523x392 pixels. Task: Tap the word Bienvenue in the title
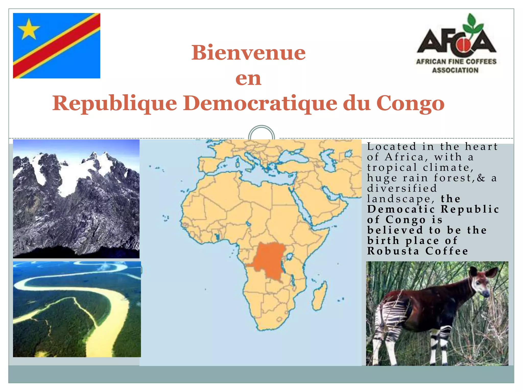(248, 53)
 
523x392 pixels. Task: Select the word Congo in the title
(410, 103)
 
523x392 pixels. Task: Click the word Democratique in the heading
(260, 103)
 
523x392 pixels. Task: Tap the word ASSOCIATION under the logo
(455, 70)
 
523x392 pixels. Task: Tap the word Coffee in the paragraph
(447, 251)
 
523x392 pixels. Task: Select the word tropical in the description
(392, 168)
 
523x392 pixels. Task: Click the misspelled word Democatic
(401, 209)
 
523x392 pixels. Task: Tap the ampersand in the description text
(481, 178)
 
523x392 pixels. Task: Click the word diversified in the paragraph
(402, 188)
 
